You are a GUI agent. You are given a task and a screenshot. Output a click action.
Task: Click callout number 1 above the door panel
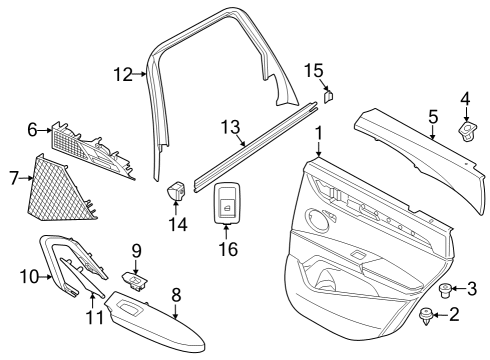click(x=318, y=134)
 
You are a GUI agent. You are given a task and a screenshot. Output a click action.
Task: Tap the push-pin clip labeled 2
click(x=428, y=317)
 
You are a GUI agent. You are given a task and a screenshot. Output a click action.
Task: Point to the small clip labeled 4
click(x=466, y=132)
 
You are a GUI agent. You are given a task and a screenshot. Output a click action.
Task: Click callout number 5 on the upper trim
click(x=432, y=118)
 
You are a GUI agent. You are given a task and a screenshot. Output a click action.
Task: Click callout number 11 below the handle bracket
click(x=92, y=318)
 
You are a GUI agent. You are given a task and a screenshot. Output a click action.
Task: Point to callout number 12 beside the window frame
click(x=122, y=73)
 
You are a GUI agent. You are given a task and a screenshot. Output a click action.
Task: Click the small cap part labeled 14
click(x=177, y=190)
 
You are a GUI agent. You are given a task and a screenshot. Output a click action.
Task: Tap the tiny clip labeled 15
click(x=326, y=97)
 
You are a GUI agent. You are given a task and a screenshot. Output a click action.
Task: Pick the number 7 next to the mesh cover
click(x=14, y=178)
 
